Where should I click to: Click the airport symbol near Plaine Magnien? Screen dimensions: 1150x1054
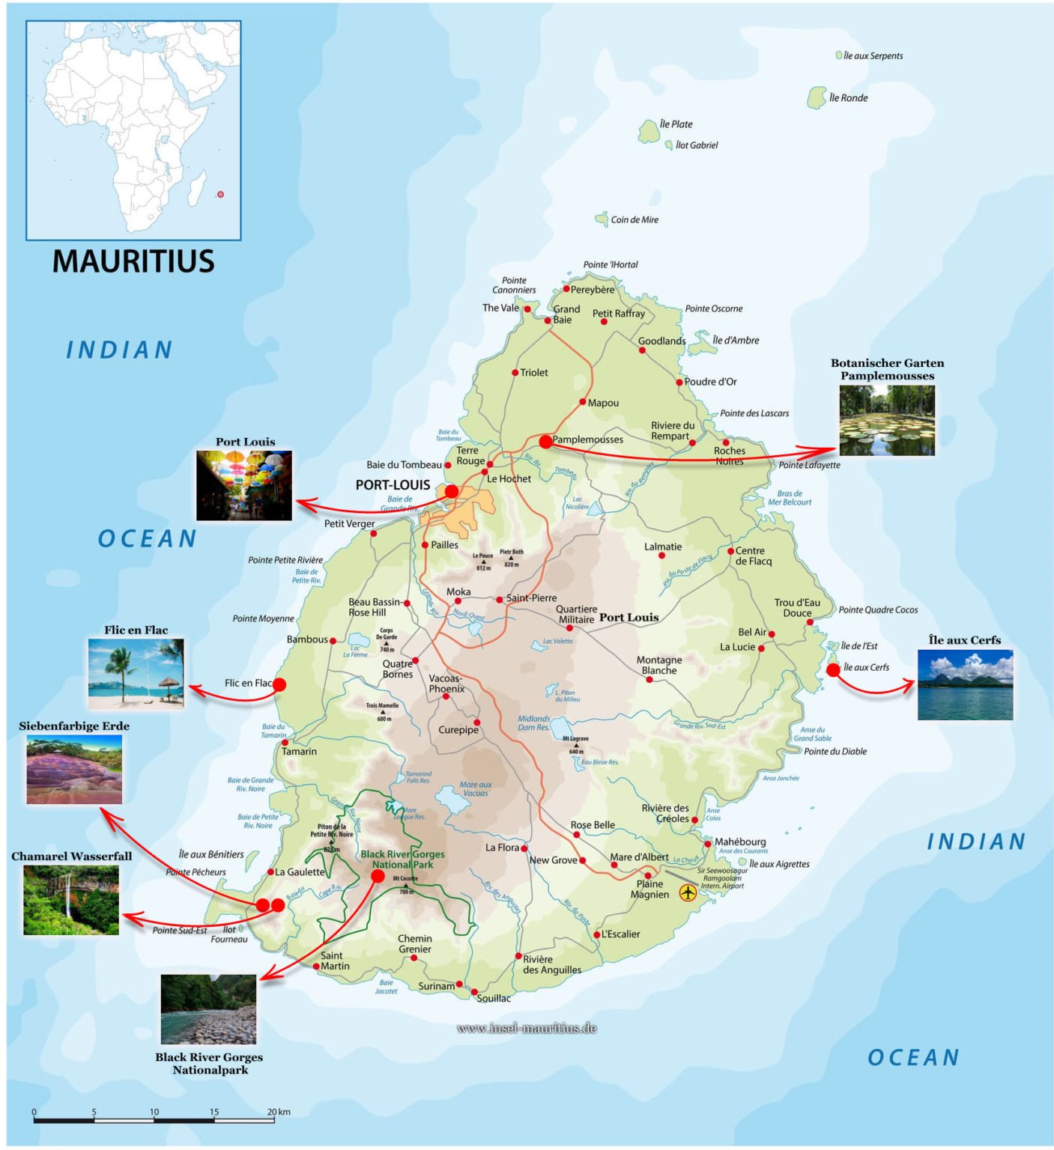687,892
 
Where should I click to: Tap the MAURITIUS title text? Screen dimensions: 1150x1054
133,261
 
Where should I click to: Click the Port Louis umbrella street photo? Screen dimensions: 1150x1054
243,485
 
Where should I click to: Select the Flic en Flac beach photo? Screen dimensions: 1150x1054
136,674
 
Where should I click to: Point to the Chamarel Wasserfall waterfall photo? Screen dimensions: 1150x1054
70,900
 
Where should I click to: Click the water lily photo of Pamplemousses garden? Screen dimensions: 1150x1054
886,421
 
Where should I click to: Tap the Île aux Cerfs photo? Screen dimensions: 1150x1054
965,685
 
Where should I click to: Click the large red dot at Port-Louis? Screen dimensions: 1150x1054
451,491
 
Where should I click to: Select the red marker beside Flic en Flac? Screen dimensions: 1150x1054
279,684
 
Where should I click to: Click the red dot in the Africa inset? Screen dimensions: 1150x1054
220,194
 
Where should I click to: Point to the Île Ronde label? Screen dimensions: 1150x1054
848,98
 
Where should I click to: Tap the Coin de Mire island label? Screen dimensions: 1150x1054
634,219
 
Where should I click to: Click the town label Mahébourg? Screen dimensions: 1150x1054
739,842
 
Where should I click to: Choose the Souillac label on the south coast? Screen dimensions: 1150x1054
494,998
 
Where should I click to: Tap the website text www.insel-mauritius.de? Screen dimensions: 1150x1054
526,1028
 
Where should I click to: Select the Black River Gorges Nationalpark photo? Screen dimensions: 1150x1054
208,1008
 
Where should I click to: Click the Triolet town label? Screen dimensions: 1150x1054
533,372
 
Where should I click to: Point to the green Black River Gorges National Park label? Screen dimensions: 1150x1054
402,859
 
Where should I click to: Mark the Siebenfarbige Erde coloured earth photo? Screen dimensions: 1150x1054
74,770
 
